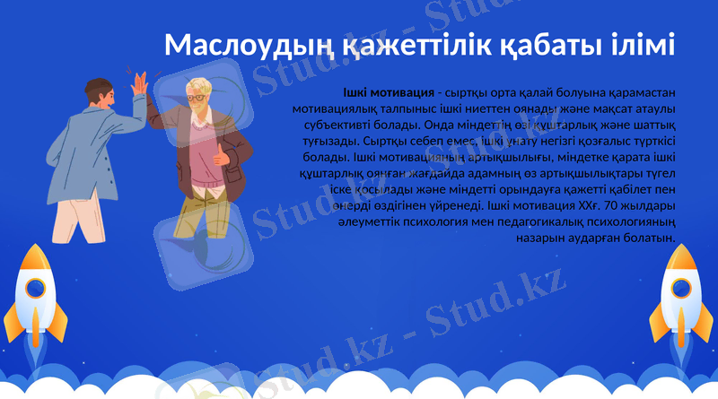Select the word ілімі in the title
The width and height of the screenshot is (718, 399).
click(x=640, y=46)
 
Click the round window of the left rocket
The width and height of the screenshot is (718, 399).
click(x=35, y=288)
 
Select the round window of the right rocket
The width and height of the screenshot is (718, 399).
click(x=684, y=288)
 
